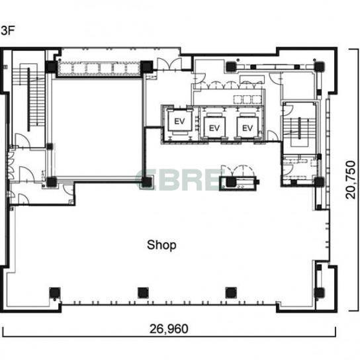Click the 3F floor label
pyautogui.click(x=7, y=30)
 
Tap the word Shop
pyautogui.click(x=161, y=246)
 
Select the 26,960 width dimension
pyautogui.click(x=169, y=329)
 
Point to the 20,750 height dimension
pyautogui.click(x=351, y=180)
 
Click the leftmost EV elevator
pyautogui.click(x=179, y=121)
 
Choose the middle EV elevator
pyautogui.click(x=214, y=128)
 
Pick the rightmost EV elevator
pyautogui.click(x=247, y=128)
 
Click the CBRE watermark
pyautogui.click(x=178, y=180)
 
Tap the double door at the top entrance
pyautogui.click(x=169, y=64)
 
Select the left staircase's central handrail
pyautogui.click(x=28, y=100)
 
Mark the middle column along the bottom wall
pyautogui.click(x=143, y=292)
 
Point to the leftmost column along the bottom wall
pyautogui.click(x=55, y=292)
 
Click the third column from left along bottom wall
pyautogui.click(x=231, y=292)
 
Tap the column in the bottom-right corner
pyautogui.click(x=320, y=292)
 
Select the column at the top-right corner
pyautogui.click(x=319, y=67)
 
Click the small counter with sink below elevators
pyautogui.click(x=239, y=183)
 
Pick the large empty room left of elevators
pyautogui.click(x=97, y=128)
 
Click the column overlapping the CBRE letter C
pyautogui.click(x=147, y=182)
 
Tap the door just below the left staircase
pyautogui.click(x=22, y=141)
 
